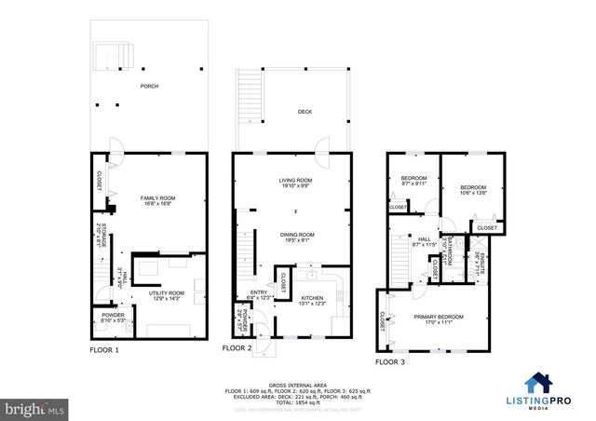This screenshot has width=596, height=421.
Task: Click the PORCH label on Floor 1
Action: [x=150, y=87]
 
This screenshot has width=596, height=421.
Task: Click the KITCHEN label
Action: [x=313, y=299]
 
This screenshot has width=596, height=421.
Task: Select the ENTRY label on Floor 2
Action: [x=259, y=293]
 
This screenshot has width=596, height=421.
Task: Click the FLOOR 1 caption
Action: [x=104, y=350]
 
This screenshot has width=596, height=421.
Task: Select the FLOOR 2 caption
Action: [x=237, y=347]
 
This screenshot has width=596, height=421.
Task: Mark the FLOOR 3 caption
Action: [x=391, y=360]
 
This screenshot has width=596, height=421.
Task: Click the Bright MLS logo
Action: [x=33, y=408]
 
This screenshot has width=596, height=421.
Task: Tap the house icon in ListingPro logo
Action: [x=537, y=382]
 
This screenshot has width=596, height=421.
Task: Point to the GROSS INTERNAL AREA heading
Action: [x=298, y=383]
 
